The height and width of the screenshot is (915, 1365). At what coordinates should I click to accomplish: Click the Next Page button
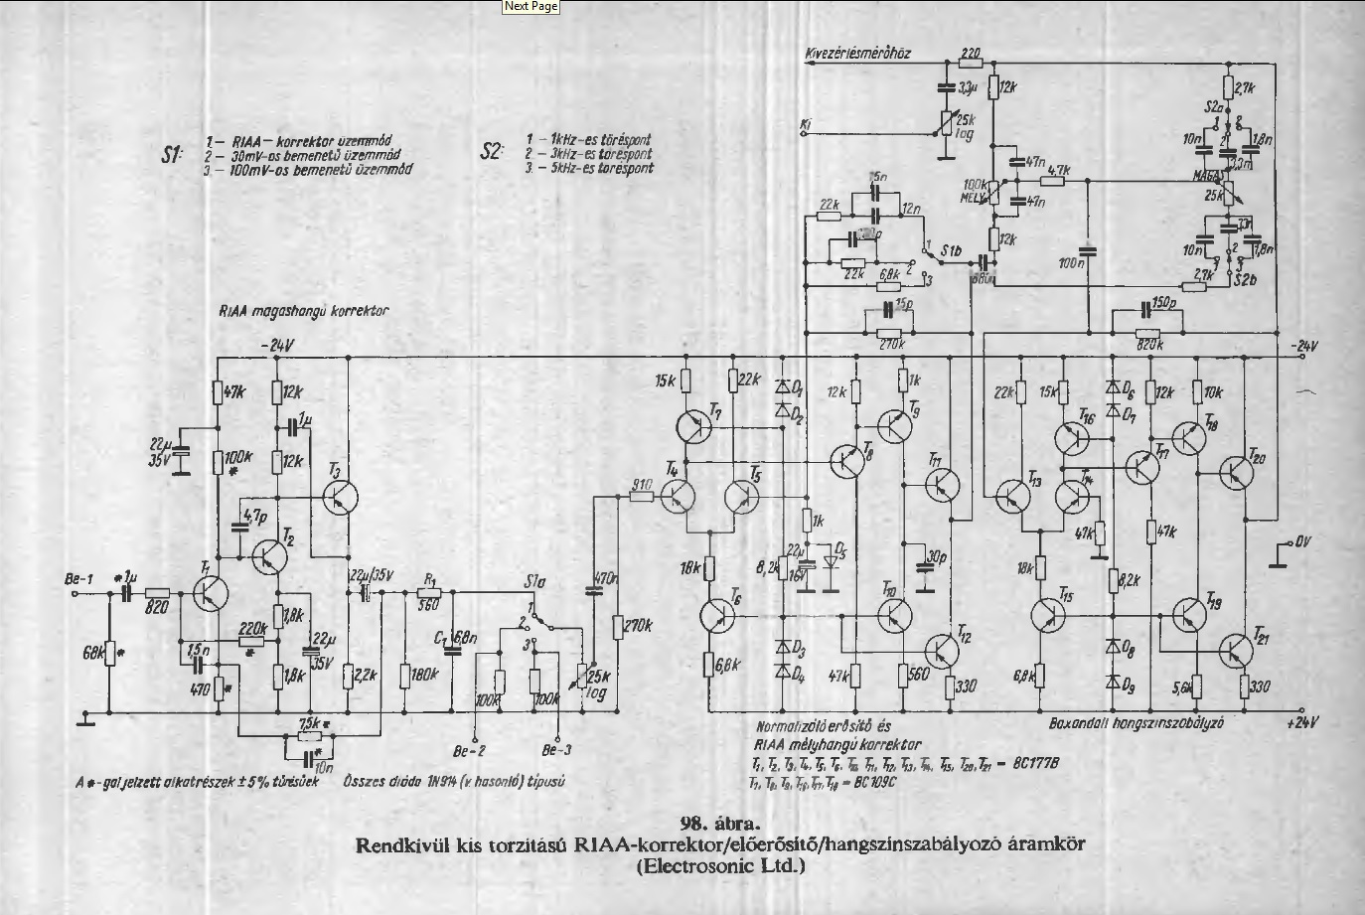coord(531,7)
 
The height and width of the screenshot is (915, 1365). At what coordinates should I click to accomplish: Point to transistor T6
coord(717,614)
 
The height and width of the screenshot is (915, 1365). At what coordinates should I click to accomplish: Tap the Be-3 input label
coord(557,751)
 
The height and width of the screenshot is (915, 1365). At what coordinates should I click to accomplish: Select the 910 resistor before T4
coord(641,495)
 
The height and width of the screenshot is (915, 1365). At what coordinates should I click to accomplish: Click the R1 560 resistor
coord(429,591)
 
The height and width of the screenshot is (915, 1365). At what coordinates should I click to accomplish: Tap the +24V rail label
coord(1299,722)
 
